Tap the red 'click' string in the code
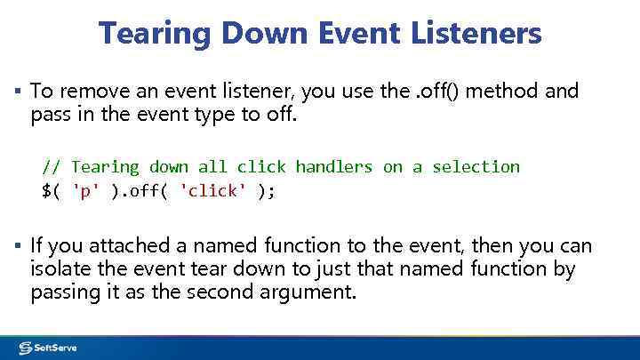click(x=210, y=191)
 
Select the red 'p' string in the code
click(x=85, y=191)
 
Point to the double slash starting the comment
click(x=52, y=167)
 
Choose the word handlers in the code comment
click(x=334, y=167)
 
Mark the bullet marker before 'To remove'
click(x=18, y=91)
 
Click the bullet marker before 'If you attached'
click(x=18, y=245)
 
